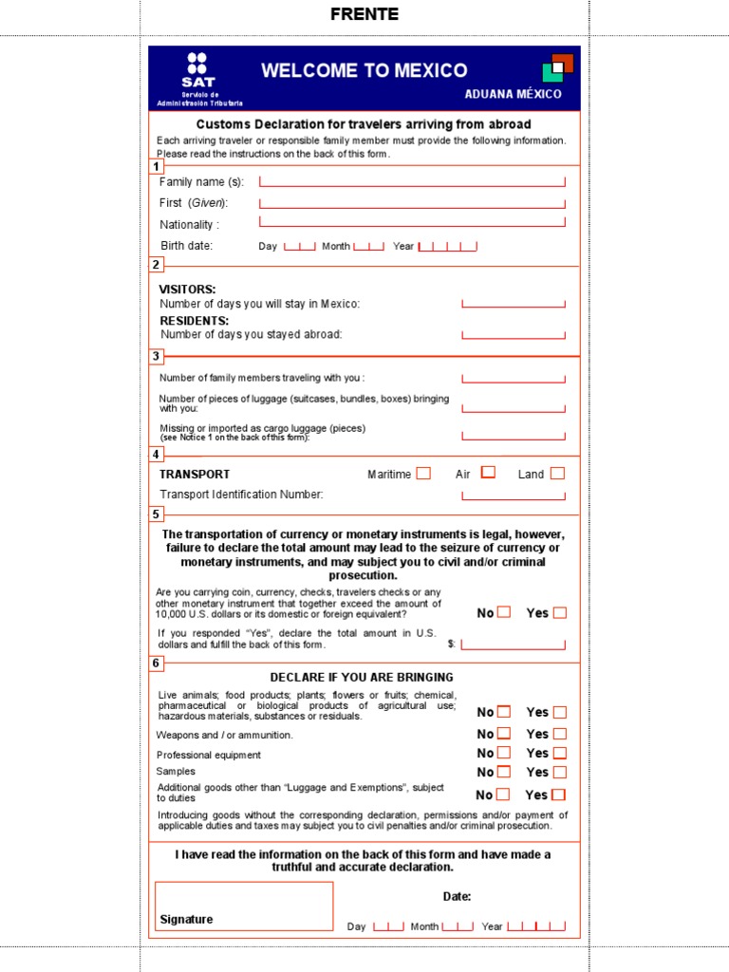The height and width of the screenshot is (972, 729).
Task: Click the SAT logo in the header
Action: tap(197, 71)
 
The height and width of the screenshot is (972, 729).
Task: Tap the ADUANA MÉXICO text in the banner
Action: tap(513, 94)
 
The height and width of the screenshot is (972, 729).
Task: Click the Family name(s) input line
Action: tap(412, 180)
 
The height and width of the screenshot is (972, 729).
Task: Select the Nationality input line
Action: tap(412, 223)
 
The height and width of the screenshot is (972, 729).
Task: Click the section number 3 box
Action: tap(156, 357)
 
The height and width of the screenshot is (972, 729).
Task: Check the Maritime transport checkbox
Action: tap(423, 473)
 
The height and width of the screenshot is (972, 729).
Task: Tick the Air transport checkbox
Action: tap(488, 472)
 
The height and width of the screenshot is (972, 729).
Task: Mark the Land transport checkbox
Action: tap(557, 473)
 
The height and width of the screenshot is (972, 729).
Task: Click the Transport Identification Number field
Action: tap(513, 494)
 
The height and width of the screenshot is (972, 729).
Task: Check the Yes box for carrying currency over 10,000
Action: tap(560, 612)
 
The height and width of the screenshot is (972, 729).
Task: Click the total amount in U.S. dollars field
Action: tap(513, 643)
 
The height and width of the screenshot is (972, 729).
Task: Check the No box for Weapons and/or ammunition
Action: tap(504, 733)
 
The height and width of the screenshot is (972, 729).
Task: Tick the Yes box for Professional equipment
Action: tap(560, 753)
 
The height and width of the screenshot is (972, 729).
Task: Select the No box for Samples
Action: tap(504, 772)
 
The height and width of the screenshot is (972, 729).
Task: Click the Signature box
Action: tap(244, 906)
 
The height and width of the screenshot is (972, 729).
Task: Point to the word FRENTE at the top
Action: tap(364, 14)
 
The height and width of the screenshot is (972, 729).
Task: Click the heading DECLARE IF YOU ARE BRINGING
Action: tap(362, 677)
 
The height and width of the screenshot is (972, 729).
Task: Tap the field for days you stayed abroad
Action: tap(513, 334)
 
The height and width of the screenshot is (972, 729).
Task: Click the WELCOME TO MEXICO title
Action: tap(364, 70)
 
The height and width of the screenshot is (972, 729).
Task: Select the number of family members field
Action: tap(513, 378)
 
